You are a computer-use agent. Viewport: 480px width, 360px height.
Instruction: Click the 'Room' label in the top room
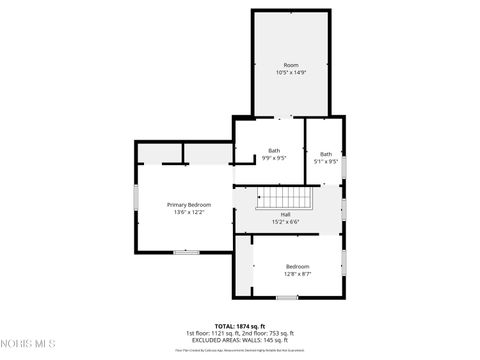(x=290, y=64)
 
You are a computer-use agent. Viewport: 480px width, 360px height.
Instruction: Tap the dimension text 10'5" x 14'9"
(x=290, y=72)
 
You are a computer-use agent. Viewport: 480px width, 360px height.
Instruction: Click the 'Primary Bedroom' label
(x=189, y=204)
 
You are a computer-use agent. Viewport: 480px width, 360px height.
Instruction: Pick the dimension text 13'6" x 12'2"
(x=189, y=212)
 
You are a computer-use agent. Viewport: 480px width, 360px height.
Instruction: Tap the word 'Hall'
(x=285, y=214)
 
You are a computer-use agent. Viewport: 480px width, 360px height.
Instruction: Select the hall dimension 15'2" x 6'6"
(x=285, y=221)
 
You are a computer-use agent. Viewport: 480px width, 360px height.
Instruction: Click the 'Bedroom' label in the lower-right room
(x=298, y=266)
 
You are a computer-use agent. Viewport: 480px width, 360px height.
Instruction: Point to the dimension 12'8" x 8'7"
(x=298, y=274)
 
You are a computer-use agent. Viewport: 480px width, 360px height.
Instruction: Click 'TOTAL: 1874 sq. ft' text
(x=239, y=326)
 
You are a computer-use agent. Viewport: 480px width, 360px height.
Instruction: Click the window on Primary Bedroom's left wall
(x=136, y=197)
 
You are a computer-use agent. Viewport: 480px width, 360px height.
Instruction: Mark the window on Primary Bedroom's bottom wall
(x=187, y=252)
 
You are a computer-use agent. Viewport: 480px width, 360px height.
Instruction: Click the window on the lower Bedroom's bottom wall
(x=287, y=297)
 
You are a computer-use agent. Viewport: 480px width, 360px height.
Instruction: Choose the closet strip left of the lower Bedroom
(x=244, y=265)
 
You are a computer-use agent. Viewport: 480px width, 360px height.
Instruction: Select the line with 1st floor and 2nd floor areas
(x=239, y=333)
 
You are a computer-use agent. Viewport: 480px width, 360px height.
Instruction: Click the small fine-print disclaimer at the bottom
(x=239, y=350)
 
